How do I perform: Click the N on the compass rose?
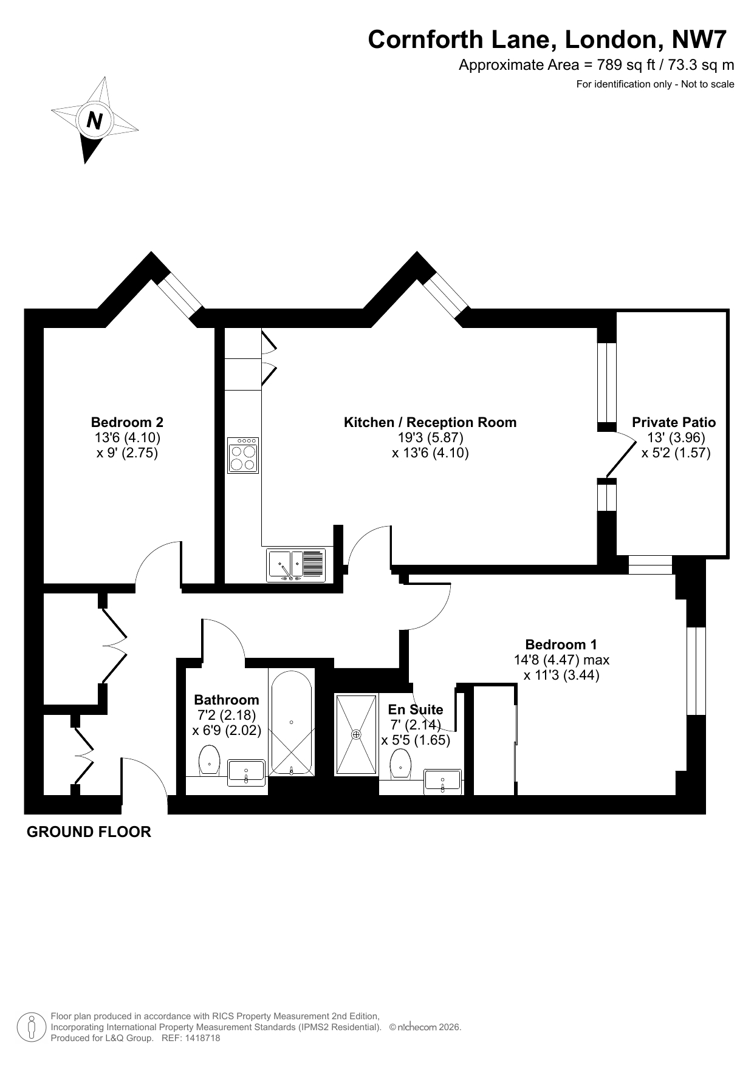(x=94, y=120)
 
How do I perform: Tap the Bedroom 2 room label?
(x=127, y=422)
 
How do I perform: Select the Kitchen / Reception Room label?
(x=430, y=422)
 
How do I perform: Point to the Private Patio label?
(x=674, y=422)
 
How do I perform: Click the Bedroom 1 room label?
(x=561, y=644)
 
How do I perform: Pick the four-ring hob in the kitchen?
(x=243, y=455)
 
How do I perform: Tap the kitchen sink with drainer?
(x=296, y=565)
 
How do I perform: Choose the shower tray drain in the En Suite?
(x=356, y=734)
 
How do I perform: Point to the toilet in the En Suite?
(x=401, y=764)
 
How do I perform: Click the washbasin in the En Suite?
(x=443, y=781)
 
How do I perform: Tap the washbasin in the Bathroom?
(x=246, y=772)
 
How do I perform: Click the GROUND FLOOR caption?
(x=89, y=832)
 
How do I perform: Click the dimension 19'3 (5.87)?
(x=430, y=437)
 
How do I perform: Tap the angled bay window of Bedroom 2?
(x=179, y=297)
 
